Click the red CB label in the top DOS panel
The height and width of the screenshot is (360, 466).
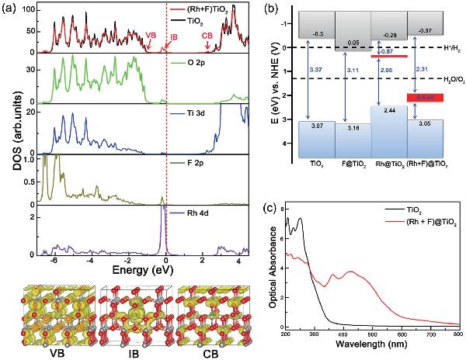(x=207, y=36)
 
